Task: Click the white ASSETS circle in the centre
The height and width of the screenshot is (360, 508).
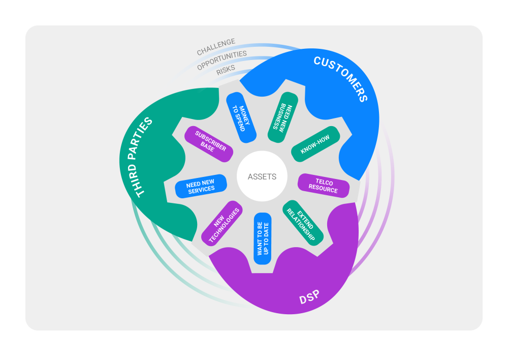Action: coord(262,177)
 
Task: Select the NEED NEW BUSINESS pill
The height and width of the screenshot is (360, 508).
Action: coord(282,116)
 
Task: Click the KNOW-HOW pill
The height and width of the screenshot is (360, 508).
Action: coord(315,144)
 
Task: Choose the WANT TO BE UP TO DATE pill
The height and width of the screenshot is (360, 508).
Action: coord(262,238)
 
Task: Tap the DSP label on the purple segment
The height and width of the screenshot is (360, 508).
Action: coord(309,297)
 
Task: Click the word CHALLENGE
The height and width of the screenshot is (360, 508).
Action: coord(216,46)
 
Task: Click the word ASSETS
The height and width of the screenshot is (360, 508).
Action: coord(262,177)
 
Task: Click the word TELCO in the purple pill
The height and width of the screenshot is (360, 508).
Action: coord(324,182)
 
